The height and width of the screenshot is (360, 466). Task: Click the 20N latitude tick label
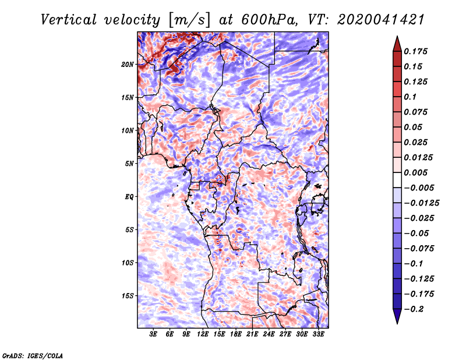click(128, 65)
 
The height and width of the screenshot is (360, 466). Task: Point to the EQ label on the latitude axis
click(129, 197)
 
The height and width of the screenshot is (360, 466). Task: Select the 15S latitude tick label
click(128, 296)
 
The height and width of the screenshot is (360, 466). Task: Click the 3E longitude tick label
click(154, 335)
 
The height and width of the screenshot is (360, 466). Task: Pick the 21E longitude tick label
click(252, 335)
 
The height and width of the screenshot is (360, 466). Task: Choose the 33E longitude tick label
click(318, 335)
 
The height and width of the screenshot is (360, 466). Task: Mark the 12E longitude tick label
click(203, 335)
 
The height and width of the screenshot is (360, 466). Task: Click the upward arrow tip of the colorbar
click(397, 38)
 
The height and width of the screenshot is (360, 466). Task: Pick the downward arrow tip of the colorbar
click(397, 322)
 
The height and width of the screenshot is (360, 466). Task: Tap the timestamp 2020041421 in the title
click(373, 20)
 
